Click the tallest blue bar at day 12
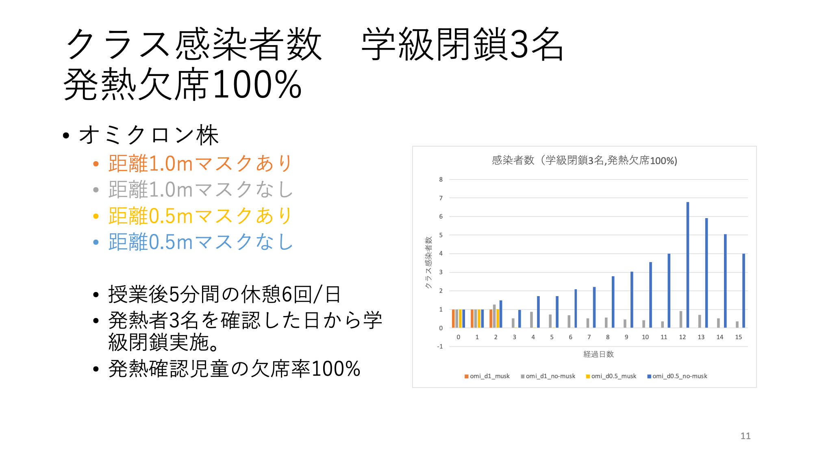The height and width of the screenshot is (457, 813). [x=688, y=265]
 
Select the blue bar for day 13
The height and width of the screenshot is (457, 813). [x=706, y=273]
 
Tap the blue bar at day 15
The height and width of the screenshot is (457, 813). [x=744, y=290]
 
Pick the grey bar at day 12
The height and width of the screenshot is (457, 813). [x=681, y=319]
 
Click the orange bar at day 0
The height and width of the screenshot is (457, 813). [x=453, y=318]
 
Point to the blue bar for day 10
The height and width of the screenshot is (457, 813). [x=650, y=295]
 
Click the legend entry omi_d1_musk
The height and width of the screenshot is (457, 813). [x=487, y=376]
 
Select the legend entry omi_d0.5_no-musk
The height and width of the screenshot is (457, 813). [x=677, y=376]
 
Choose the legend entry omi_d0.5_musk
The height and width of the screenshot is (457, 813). [x=611, y=376]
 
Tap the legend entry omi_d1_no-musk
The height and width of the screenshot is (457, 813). [x=548, y=376]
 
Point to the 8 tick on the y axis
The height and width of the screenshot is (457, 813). [x=441, y=180]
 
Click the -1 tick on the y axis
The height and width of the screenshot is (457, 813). [x=440, y=347]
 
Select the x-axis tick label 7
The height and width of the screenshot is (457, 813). [x=589, y=337]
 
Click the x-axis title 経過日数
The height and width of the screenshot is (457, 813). [x=598, y=354]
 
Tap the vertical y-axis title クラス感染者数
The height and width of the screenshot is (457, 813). [x=428, y=262]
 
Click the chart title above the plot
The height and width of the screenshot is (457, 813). [x=585, y=160]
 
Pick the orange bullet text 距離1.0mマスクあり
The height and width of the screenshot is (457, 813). [x=200, y=163]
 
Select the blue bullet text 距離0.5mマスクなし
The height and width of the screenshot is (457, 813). [x=200, y=242]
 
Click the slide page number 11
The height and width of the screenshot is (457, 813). [x=746, y=436]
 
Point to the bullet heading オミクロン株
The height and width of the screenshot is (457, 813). [x=149, y=135]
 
